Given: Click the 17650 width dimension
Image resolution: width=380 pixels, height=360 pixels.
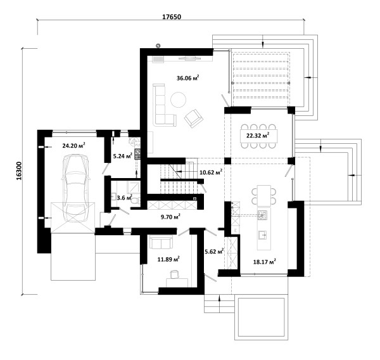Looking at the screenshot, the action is click(x=172, y=16).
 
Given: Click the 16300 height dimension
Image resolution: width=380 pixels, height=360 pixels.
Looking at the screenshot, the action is click(x=19, y=170).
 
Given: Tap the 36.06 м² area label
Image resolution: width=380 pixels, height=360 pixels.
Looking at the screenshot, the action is click(x=188, y=78).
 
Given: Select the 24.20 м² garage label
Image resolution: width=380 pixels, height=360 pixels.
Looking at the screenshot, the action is click(x=73, y=146).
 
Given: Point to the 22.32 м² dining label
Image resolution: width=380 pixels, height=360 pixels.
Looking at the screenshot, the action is click(x=258, y=136).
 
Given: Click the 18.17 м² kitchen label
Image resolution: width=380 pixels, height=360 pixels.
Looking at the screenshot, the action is click(x=265, y=262).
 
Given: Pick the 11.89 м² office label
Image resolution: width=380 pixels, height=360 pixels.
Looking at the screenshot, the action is click(x=168, y=259).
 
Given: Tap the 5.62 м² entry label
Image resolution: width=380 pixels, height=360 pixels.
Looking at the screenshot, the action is click(x=214, y=252).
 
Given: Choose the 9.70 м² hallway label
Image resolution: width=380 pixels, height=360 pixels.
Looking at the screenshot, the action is click(x=170, y=217).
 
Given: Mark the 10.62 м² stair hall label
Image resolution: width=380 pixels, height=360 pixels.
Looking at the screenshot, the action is click(x=211, y=172).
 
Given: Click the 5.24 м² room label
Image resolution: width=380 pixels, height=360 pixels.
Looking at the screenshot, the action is click(x=123, y=156).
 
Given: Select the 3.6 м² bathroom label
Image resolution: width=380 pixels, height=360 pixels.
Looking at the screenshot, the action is click(x=125, y=198).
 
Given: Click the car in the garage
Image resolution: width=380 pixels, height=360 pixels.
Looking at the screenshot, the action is click(x=75, y=188).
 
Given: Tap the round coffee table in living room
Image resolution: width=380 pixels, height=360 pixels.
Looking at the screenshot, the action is click(x=179, y=100).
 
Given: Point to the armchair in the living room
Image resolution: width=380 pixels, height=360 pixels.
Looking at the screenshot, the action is click(x=194, y=118).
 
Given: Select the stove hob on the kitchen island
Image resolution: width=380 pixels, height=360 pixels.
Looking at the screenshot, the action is click(x=262, y=215).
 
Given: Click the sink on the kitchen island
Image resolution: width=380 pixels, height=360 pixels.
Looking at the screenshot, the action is click(x=263, y=235).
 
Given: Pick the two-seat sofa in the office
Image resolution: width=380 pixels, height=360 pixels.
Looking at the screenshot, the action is click(x=161, y=242).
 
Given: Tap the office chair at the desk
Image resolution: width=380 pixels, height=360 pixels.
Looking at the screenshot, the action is click(x=175, y=274).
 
